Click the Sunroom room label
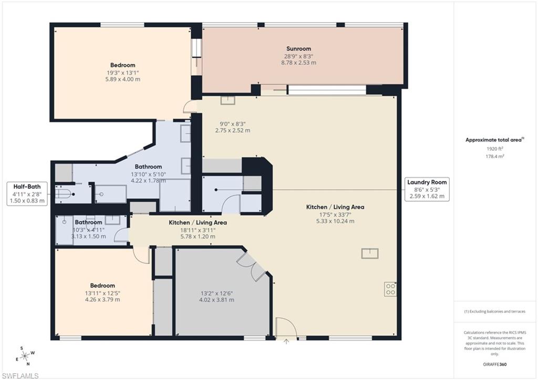click(298, 49)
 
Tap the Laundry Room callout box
click(427, 189)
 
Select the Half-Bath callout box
click(26, 193)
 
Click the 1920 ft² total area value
click(491, 149)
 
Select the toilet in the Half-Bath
click(64, 193)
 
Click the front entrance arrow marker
click(286, 341)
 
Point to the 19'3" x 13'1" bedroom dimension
click(123, 73)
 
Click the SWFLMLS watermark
click(20, 375)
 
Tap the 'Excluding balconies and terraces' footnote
click(494, 312)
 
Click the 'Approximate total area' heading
click(494, 140)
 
